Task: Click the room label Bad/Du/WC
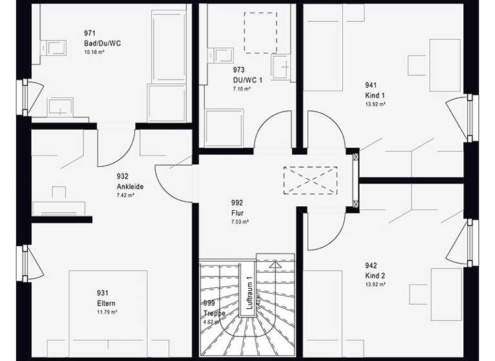[x=102, y=43]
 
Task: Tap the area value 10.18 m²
[x=95, y=52]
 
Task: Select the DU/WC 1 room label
[x=248, y=80]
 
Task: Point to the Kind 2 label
[x=375, y=275]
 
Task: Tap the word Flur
[x=237, y=212]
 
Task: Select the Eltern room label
[x=107, y=303]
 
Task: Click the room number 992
[x=237, y=202]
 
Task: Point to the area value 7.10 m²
[x=242, y=89]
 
